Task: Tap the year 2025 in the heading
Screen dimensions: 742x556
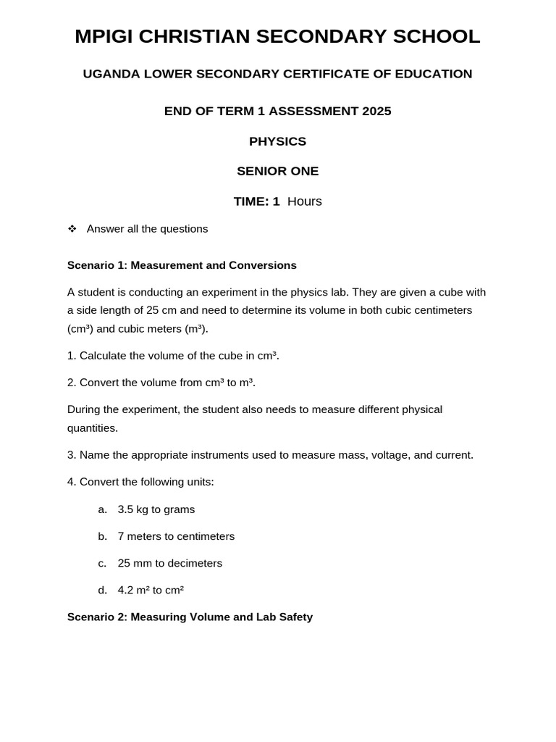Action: coord(376,111)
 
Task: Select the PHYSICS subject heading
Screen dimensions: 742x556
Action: coord(277,141)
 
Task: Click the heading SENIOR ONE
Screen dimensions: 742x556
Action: coord(277,171)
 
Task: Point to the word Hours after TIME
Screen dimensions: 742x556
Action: coord(304,201)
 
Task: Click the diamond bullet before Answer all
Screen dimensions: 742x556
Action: coord(72,229)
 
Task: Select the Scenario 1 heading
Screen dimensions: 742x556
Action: coord(182,265)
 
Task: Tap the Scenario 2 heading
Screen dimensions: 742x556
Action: coord(190,617)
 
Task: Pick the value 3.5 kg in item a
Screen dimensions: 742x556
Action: coord(132,509)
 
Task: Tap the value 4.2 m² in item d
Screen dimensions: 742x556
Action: coord(132,590)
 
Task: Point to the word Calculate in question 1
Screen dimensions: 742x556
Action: coord(104,356)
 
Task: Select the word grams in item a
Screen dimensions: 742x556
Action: coord(180,509)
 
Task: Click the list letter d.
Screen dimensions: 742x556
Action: coord(102,590)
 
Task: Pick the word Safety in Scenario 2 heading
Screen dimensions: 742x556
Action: coord(295,617)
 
